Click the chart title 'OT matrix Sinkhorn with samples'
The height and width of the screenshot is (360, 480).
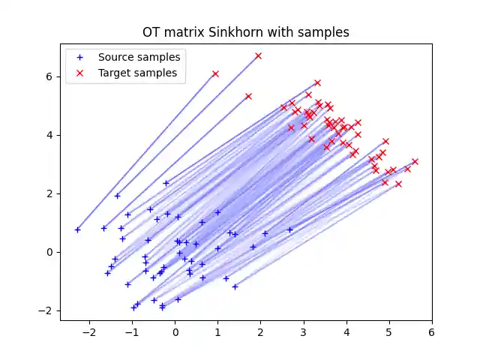(246, 33)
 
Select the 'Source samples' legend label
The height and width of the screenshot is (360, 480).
(139, 57)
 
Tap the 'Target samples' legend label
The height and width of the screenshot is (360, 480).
(137, 73)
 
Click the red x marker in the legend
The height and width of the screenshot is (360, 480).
(81, 73)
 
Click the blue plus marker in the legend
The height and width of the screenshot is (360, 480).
(81, 57)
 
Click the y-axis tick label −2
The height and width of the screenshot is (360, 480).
(47, 310)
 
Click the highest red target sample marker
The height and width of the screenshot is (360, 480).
(258, 55)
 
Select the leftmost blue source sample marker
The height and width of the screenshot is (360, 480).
(77, 229)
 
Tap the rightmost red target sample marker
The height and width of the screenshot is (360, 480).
(415, 161)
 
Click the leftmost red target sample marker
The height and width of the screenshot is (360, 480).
(215, 73)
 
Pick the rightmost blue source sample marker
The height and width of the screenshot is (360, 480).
(289, 229)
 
